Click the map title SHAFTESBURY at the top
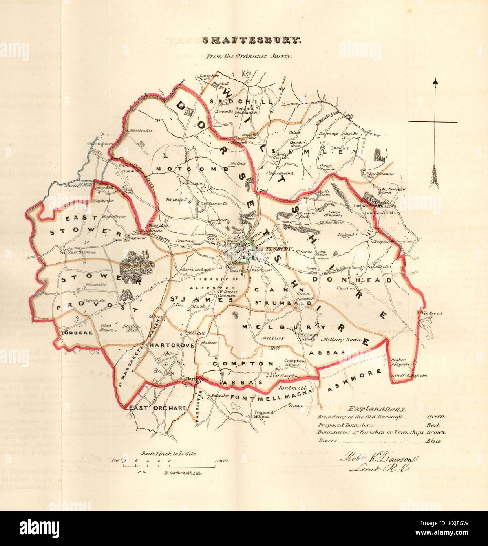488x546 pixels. click(251, 40)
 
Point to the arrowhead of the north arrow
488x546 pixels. click(435, 82)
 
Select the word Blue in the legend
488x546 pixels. click(433, 441)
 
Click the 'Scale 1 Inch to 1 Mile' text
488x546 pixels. click(170, 453)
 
